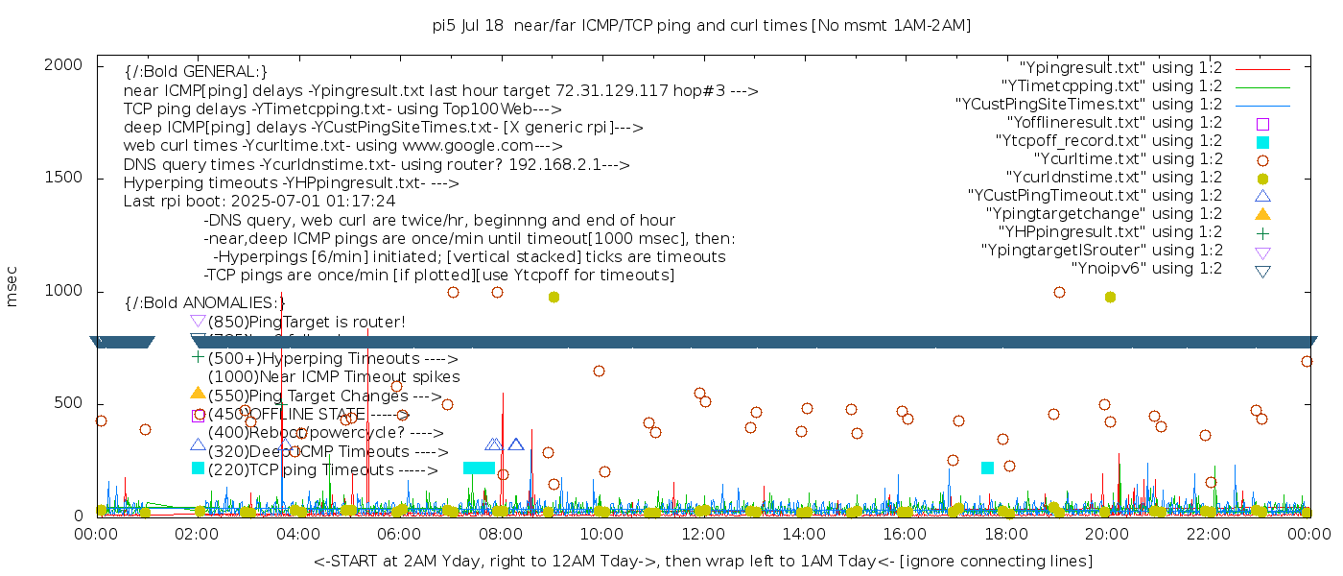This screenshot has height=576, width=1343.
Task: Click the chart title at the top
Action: coord(701,26)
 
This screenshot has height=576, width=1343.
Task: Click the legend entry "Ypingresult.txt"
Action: coord(1119,68)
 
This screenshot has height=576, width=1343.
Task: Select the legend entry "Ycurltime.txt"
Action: coord(1127,159)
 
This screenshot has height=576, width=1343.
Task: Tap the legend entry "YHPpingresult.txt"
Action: coord(1110,232)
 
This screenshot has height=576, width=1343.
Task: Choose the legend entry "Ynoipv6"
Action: coord(1146,269)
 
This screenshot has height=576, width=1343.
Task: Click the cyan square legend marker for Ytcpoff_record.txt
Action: coord(1262,142)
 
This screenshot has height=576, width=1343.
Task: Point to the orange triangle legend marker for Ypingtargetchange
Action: coord(1262,214)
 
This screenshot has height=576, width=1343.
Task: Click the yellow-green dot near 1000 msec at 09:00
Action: coord(554,298)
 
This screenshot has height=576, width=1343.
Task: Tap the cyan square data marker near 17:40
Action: coord(988,468)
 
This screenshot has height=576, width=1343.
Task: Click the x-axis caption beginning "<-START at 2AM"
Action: coord(702,560)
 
